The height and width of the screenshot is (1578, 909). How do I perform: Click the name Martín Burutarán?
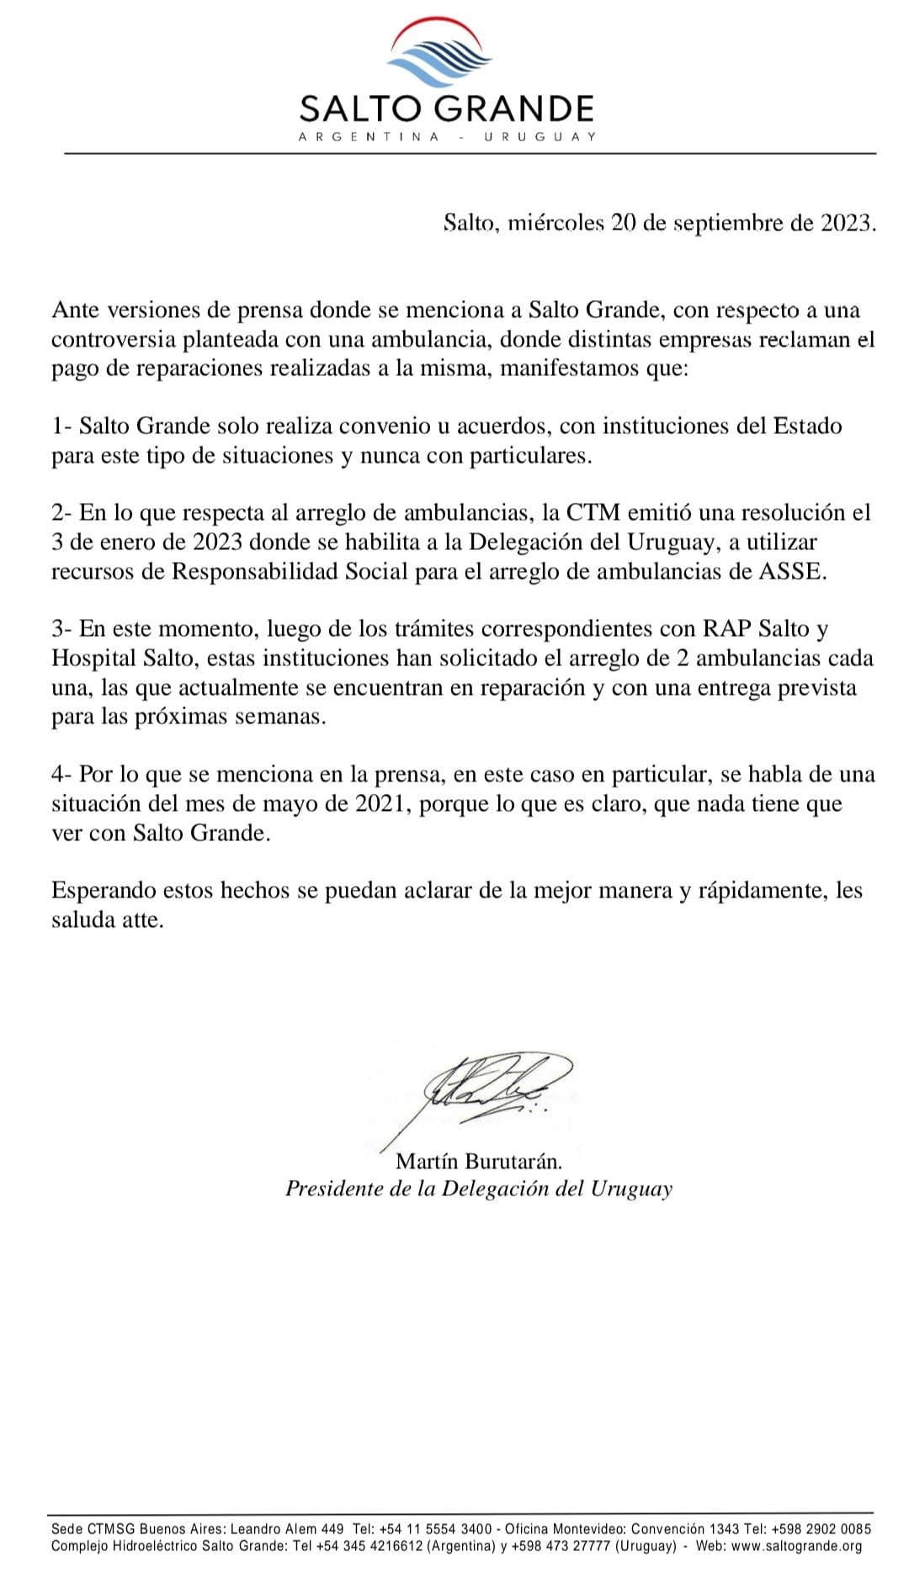tap(478, 1162)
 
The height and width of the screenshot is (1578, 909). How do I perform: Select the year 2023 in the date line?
tap(845, 223)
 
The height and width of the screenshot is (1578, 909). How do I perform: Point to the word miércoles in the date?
tap(556, 223)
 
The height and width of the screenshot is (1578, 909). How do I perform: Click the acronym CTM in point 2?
tap(593, 512)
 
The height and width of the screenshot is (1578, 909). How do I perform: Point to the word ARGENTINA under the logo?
tap(369, 137)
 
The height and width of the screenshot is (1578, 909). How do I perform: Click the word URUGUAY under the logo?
tap(540, 137)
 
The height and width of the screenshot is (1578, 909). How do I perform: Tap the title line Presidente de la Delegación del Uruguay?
tap(479, 1189)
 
